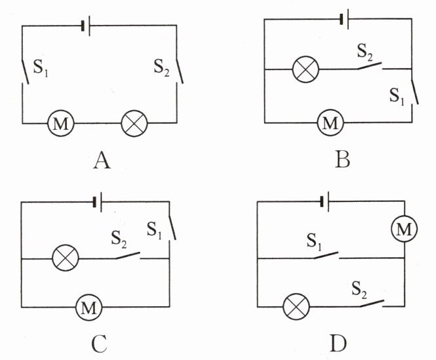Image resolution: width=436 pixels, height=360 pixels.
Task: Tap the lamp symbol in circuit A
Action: [136, 123]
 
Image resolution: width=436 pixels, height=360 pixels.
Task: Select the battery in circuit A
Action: [85, 27]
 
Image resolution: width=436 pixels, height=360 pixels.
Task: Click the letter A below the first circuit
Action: [101, 159]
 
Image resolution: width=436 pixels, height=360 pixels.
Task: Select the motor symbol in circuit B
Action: [330, 123]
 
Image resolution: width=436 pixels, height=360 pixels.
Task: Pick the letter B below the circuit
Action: [342, 159]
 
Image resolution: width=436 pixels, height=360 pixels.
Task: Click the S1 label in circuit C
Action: [155, 230]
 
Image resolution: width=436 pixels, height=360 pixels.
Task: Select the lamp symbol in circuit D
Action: [295, 306]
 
